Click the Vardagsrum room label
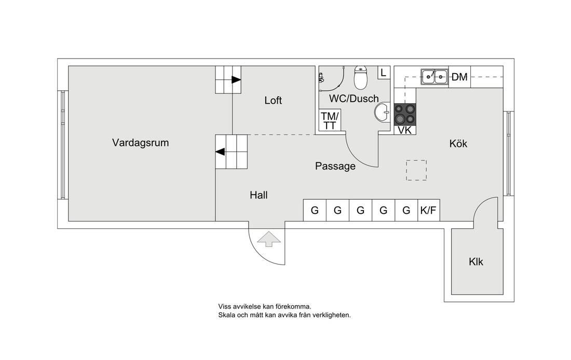point(140,143)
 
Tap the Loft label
point(273,100)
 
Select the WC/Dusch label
point(354,99)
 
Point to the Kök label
point(458,144)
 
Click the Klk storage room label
point(475,262)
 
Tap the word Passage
point(335,167)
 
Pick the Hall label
point(259,196)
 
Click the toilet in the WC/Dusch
point(360,78)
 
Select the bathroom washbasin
point(383,112)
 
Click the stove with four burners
point(405,114)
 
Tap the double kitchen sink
point(434,77)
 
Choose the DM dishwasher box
point(459,77)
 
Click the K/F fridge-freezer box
point(429,210)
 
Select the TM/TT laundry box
point(330,121)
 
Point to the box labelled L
point(383,73)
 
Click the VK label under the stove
point(405,130)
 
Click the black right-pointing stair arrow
point(236,80)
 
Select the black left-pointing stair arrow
point(221,152)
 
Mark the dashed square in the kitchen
point(416,170)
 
